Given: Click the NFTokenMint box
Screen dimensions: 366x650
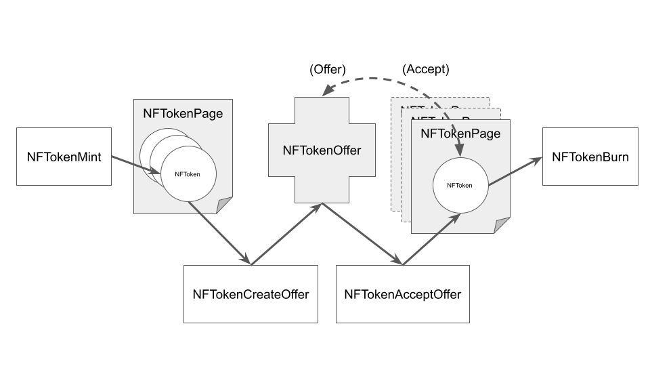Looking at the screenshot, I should [x=64, y=157].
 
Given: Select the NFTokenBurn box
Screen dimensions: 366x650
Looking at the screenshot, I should [x=590, y=157].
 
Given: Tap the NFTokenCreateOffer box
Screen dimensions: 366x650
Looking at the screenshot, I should [x=251, y=294].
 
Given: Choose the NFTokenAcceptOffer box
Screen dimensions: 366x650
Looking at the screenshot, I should [x=402, y=294].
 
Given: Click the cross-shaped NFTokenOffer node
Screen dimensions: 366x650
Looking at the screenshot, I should [x=322, y=150].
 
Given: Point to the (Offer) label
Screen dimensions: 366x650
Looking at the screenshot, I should [x=327, y=69].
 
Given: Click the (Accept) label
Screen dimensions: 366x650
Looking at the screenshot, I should [x=425, y=69].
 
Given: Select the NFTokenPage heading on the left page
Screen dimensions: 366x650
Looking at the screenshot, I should [x=183, y=114].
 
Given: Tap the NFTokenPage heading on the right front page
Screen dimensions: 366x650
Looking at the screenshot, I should [x=460, y=134].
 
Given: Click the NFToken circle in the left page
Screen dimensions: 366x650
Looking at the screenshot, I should [x=187, y=174].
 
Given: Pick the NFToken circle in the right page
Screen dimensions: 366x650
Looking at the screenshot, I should [x=459, y=184].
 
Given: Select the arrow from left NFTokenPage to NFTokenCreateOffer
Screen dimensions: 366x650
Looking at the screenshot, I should [x=220, y=233].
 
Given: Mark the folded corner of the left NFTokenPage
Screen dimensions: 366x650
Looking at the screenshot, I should [x=225, y=206].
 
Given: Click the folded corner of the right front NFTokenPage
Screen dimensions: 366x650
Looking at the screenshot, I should [x=502, y=226].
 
